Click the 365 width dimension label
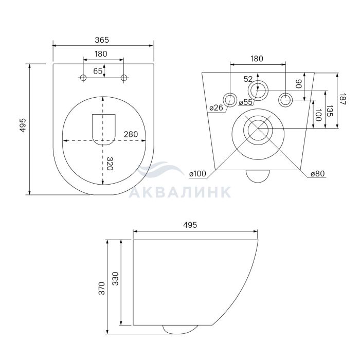pos(102,40)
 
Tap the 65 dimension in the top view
pos(98,71)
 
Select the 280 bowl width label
pos(131,134)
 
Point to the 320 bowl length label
pos(110,164)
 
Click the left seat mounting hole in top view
pos(83,78)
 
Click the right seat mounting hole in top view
pos(124,78)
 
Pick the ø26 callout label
pos(216,107)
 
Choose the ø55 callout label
pos(245,102)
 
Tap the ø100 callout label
pos(197,174)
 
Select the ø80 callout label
pos(318,174)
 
